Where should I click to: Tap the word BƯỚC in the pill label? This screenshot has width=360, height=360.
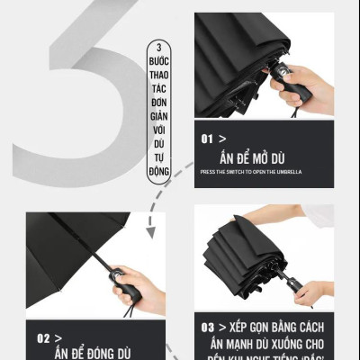point(162,60)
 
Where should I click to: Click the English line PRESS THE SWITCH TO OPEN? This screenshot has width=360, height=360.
point(251,172)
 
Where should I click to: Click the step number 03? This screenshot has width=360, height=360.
point(209,327)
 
